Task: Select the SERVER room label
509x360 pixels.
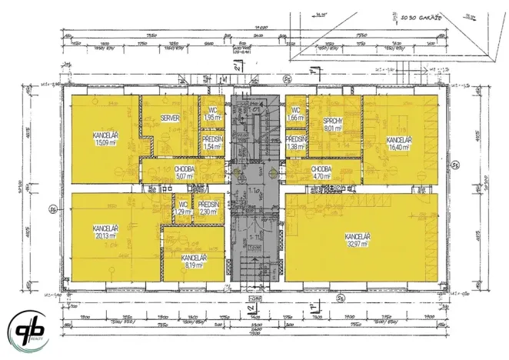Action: (170, 118)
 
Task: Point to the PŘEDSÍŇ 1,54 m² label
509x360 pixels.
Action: (211, 142)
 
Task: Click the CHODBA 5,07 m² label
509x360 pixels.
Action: (183, 172)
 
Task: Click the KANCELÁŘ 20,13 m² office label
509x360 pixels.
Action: (104, 233)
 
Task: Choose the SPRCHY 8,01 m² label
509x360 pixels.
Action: (333, 125)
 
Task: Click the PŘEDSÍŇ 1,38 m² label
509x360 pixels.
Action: (296, 142)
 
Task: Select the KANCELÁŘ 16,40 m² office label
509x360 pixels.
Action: (398, 143)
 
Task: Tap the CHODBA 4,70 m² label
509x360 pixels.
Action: (321, 172)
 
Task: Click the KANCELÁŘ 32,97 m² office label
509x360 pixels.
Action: (357, 239)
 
